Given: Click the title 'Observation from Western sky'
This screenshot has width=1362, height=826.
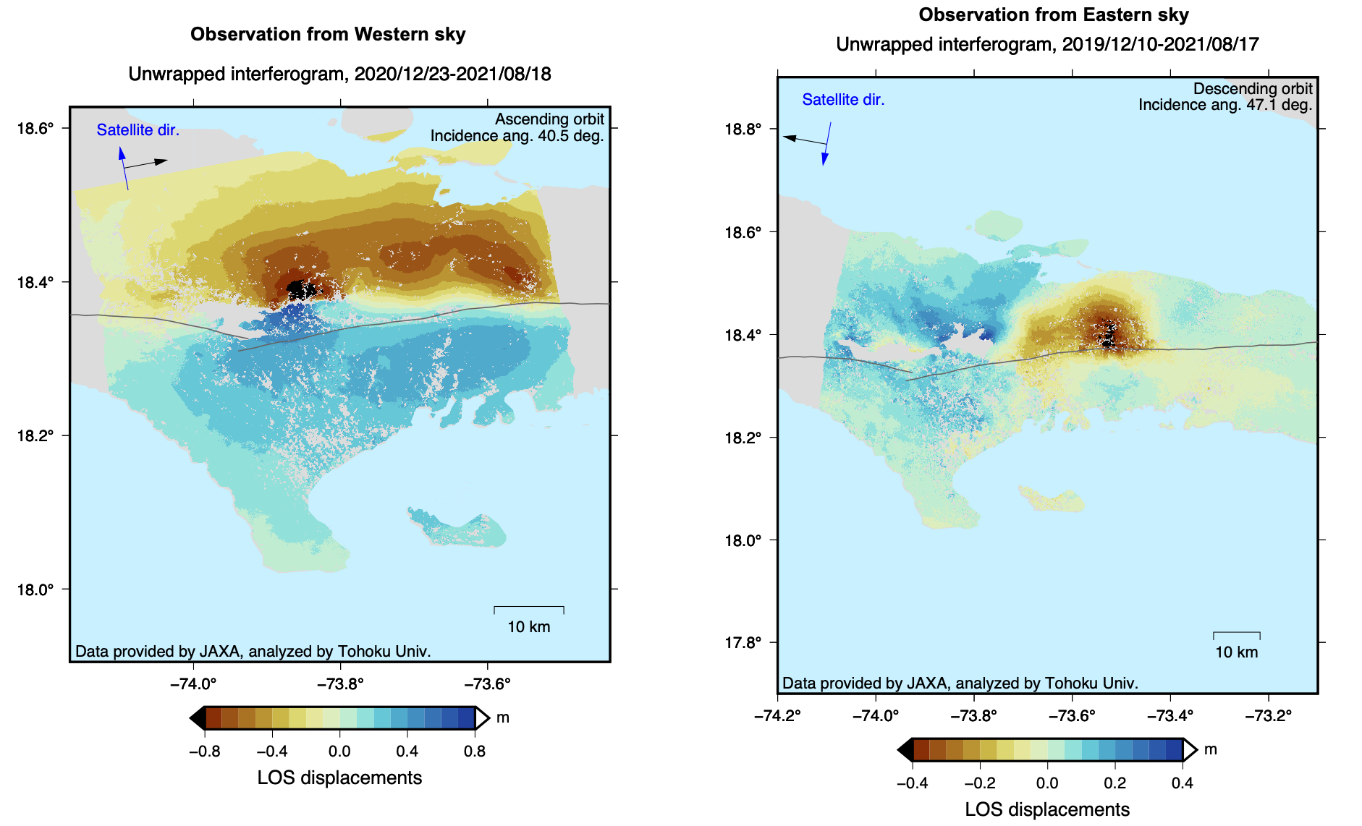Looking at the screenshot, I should click(328, 35).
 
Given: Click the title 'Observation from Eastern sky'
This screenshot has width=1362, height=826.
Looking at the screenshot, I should click(1053, 15).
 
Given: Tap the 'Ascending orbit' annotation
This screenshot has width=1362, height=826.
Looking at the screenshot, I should click(549, 119).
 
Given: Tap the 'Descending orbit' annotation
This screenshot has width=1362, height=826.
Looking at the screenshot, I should click(1252, 88).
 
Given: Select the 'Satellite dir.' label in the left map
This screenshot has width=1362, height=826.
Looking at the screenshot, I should click(138, 130).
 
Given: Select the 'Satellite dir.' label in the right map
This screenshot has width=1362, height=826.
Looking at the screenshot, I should click(843, 100).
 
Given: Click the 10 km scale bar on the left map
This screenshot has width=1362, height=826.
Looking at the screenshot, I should click(529, 609).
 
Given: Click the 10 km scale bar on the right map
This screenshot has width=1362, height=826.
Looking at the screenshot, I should click(1236, 635).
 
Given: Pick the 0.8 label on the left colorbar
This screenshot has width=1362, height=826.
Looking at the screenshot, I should click(475, 752).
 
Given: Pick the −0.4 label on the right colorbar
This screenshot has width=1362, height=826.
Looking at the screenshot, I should click(912, 783).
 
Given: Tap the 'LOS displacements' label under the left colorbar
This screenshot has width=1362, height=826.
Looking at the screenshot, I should click(339, 778).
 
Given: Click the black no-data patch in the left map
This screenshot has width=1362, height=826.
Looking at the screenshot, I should click(298, 290).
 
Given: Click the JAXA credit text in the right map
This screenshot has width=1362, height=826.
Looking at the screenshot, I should click(960, 683).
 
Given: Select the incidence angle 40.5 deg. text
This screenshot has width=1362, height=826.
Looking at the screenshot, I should click(517, 136).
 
